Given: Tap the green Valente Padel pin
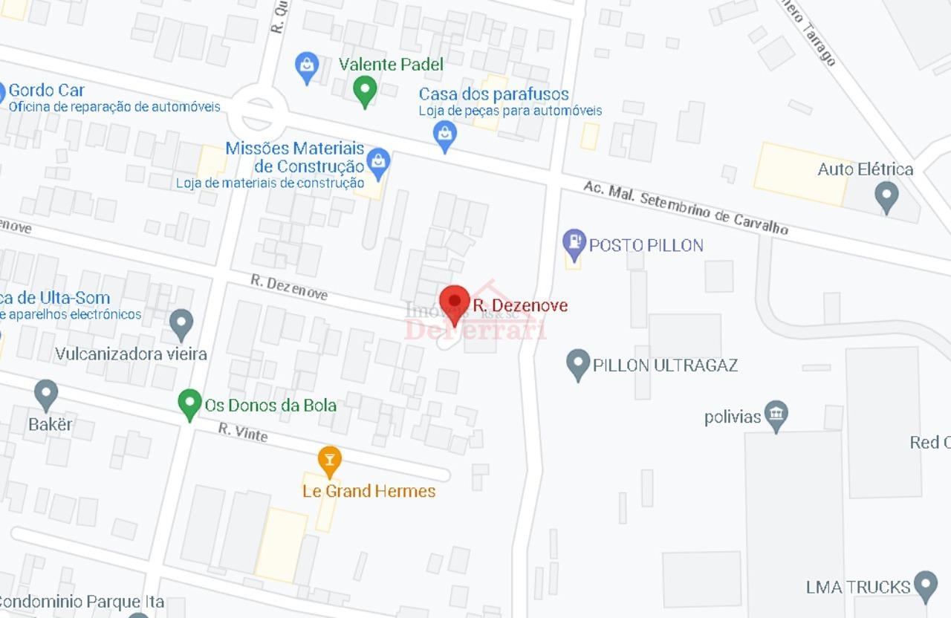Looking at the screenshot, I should (x=364, y=90).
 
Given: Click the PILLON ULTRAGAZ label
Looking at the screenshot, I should (x=665, y=365).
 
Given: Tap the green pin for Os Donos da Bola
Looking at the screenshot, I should (x=190, y=403).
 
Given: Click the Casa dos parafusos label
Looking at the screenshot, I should (x=494, y=94).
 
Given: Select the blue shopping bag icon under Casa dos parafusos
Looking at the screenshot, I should (x=444, y=135).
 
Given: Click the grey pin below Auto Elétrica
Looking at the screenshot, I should (x=886, y=195).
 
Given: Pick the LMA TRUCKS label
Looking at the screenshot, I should (x=858, y=587).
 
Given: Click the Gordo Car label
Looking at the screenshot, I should (x=47, y=91).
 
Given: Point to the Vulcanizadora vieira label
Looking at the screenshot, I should (x=131, y=354).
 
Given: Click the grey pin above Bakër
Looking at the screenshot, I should (x=46, y=394).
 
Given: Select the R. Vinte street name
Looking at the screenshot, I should (x=243, y=432).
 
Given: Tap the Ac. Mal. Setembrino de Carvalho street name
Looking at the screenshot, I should (x=685, y=207).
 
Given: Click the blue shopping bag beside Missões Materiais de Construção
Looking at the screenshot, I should (x=378, y=163).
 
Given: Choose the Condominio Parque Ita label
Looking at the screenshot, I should (x=82, y=601).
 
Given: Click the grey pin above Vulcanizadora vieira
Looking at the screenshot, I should (x=181, y=323).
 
